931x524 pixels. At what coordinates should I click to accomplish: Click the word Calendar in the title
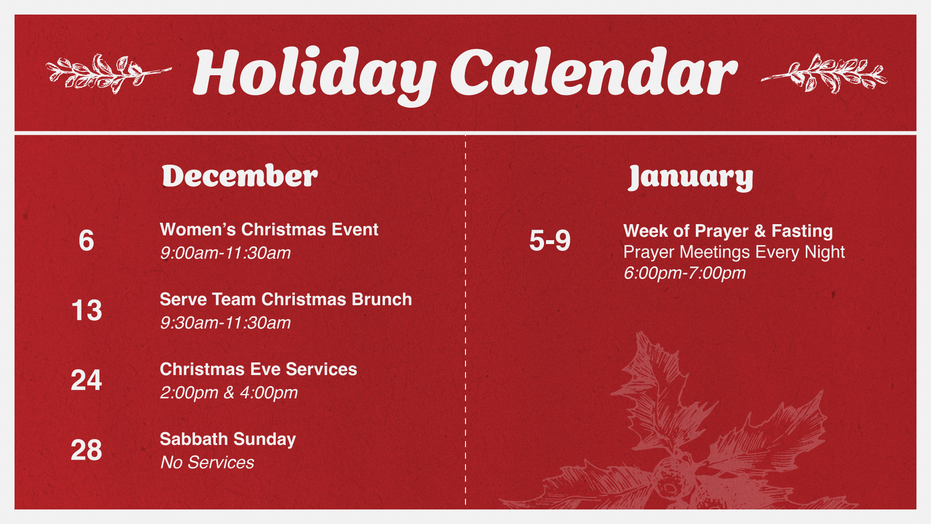[594, 72]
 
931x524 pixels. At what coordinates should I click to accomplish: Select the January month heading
[690, 178]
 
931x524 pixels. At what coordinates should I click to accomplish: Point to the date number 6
[86, 241]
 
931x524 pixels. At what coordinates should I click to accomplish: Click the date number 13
[86, 311]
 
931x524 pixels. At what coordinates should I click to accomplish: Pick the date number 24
[86, 380]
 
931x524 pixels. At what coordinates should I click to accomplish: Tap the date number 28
[86, 450]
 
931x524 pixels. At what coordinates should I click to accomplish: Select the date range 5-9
[550, 241]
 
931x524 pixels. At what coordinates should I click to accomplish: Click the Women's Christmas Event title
[269, 229]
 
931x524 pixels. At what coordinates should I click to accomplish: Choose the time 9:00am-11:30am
[225, 253]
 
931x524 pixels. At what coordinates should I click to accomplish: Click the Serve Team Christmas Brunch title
[286, 299]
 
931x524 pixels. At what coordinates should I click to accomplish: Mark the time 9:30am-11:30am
[225, 323]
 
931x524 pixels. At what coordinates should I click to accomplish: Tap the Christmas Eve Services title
[258, 369]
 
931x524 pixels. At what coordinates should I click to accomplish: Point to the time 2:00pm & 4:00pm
[229, 393]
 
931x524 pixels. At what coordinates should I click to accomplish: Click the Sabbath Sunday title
[228, 440]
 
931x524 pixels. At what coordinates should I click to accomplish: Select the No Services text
[207, 463]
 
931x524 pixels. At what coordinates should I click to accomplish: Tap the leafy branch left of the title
[108, 74]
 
